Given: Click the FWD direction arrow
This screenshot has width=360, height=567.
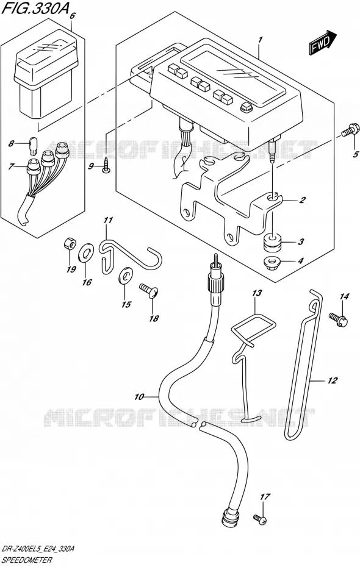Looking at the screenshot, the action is pos(323,43).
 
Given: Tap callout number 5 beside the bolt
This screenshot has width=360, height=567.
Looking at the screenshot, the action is pos(356,155).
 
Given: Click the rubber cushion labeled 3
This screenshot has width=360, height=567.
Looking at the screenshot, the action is pos(273,242).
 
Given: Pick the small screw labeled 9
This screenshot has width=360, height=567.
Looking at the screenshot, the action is pos(106,165).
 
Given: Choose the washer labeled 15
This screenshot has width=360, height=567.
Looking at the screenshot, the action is pos(125,274).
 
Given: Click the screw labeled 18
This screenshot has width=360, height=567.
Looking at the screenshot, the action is pos(149,290).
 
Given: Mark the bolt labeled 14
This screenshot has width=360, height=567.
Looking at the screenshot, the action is pos(339,319).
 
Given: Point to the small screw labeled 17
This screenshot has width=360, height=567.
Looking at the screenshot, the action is pos(261,519).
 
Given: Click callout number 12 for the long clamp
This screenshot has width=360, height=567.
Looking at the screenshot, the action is pos(332,380).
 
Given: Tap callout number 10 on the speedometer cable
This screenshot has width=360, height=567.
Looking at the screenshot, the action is pos(139,397).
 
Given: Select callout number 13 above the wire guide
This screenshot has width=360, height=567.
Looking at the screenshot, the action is pos(256,293).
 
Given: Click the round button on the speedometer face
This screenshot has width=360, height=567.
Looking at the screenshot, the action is pos(247,107).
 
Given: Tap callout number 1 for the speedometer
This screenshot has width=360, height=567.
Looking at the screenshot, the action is pos(261,40).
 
